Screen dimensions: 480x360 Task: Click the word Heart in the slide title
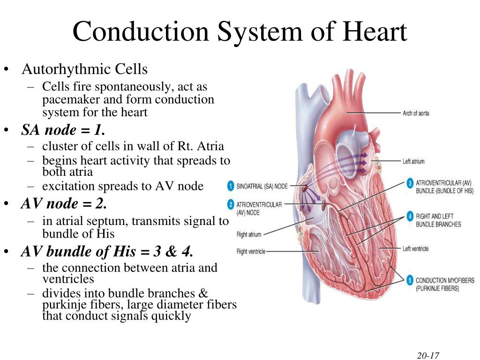[x=375, y=31]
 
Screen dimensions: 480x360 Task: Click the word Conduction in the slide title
[x=141, y=31]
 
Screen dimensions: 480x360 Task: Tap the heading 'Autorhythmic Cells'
[x=84, y=69]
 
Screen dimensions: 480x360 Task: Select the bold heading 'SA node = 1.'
[x=63, y=130]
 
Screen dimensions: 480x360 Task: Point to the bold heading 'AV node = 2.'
[x=64, y=203]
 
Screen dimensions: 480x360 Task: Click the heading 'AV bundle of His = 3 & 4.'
[x=107, y=252]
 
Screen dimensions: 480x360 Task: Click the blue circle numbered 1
[x=231, y=186]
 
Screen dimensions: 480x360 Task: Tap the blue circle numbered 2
[x=231, y=204]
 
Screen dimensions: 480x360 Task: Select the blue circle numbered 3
[x=410, y=183]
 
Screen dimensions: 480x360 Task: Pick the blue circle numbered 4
[x=410, y=216]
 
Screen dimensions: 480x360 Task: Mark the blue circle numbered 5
[x=410, y=280]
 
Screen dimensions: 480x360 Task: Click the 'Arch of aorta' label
[x=416, y=113]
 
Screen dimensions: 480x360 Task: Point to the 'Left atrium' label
[x=413, y=161]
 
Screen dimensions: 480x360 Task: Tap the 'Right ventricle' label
[x=251, y=252]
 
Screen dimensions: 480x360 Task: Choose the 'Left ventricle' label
[x=415, y=248]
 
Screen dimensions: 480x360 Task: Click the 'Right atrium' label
[x=248, y=234]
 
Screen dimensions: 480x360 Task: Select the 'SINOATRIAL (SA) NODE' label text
[x=262, y=186]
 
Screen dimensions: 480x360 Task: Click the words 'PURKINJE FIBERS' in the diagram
[x=437, y=288]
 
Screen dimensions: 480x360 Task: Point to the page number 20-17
[x=428, y=355]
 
